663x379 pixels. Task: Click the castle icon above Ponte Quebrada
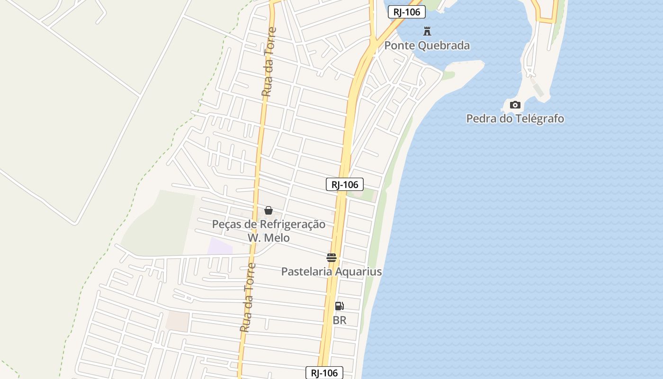click(x=427, y=32)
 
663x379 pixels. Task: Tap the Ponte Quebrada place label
click(x=427, y=45)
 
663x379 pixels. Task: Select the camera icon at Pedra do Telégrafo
click(x=515, y=105)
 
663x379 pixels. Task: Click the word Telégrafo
click(x=536, y=118)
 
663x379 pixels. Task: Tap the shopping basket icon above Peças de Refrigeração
click(x=269, y=210)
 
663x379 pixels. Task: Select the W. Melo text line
click(x=269, y=237)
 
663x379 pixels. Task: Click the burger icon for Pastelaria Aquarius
click(x=331, y=258)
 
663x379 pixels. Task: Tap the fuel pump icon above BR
click(x=339, y=306)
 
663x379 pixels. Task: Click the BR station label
click(x=340, y=320)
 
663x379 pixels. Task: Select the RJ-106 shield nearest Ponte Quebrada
click(x=406, y=12)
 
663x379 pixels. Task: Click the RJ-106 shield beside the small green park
click(x=345, y=184)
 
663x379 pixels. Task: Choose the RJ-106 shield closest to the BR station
click(x=324, y=373)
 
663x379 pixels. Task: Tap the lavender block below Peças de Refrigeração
click(x=220, y=247)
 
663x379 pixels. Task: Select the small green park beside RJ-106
click(x=368, y=195)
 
